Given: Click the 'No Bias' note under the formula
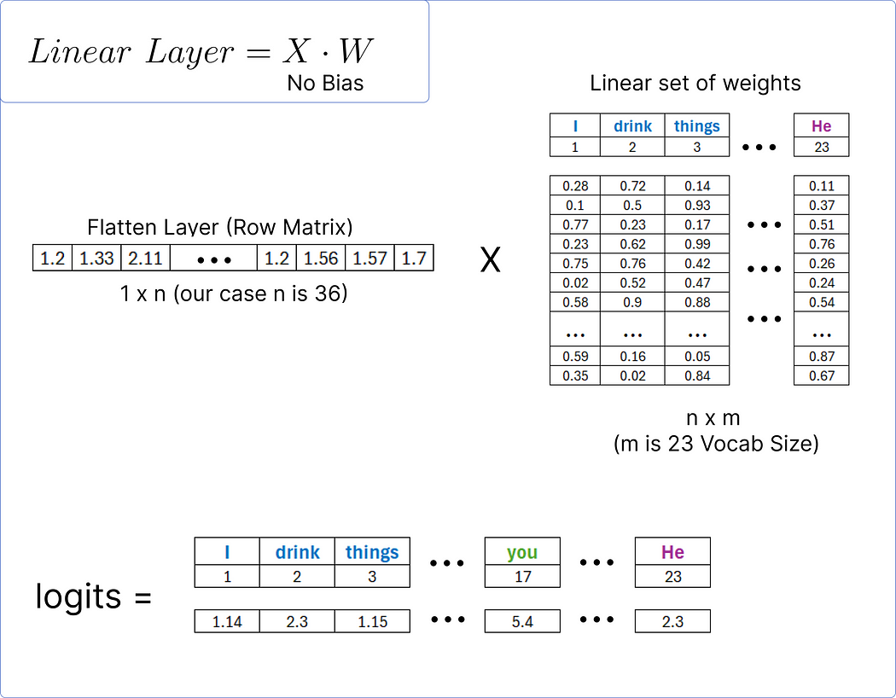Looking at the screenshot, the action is tap(325, 83).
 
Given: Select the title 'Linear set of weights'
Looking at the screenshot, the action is tap(695, 84).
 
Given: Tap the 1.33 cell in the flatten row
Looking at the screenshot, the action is tap(96, 258).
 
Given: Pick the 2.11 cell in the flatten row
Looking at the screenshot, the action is tap(145, 258).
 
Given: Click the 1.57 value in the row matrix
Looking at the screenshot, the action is tap(369, 258).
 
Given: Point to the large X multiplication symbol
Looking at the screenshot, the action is tap(490, 259).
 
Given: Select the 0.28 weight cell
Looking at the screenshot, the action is tap(575, 186).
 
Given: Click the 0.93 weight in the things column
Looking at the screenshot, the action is tap(697, 206).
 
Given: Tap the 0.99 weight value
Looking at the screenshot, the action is tap(697, 244).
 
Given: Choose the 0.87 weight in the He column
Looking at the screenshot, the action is tap(822, 357).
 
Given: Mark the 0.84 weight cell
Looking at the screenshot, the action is tap(697, 376).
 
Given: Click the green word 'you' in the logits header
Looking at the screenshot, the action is tap(522, 552).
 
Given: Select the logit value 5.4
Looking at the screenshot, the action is tap(522, 622).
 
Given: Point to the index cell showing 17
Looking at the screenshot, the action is tap(522, 577).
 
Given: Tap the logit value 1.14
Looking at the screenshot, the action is tap(227, 622).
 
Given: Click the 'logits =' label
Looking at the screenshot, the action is tap(93, 596).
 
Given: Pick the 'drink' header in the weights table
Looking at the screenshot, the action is tap(632, 126).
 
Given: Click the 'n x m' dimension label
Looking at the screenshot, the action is tap(713, 418).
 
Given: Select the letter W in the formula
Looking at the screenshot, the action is tap(356, 51).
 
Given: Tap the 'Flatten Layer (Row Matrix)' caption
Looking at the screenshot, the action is tap(220, 228).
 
